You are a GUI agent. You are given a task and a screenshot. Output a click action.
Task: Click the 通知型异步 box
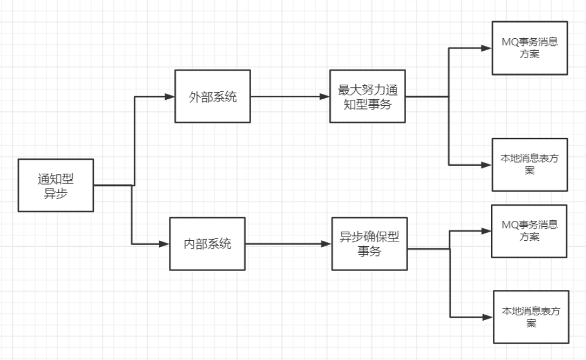(56, 185)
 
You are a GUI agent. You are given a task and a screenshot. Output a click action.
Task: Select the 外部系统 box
(212, 97)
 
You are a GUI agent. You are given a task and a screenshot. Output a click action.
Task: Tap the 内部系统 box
(208, 244)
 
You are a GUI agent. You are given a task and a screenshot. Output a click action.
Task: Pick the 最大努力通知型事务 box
(367, 96)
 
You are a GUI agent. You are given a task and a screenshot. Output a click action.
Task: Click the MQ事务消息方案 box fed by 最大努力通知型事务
(530, 48)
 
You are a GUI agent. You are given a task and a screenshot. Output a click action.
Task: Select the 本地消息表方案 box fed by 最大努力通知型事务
(530, 165)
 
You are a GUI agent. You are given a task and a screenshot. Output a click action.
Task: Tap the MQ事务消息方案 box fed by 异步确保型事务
(530, 231)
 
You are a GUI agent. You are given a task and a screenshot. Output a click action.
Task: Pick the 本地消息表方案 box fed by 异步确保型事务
(532, 317)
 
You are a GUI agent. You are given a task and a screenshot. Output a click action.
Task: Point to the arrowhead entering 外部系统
(170, 97)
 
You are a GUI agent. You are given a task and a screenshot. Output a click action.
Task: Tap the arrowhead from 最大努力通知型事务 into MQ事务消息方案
(487, 48)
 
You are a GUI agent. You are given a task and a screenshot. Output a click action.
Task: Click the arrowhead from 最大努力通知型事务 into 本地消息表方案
(487, 165)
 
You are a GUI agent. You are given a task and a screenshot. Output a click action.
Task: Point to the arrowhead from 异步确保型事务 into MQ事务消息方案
(487, 231)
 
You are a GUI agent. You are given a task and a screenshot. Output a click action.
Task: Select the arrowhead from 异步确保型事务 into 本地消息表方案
(489, 317)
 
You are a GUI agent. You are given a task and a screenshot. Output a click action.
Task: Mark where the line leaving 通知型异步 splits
(133, 185)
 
